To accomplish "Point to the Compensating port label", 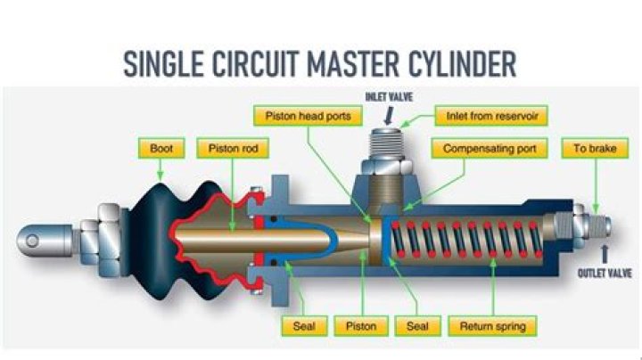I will click(490, 149).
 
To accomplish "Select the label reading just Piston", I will click(367, 326).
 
